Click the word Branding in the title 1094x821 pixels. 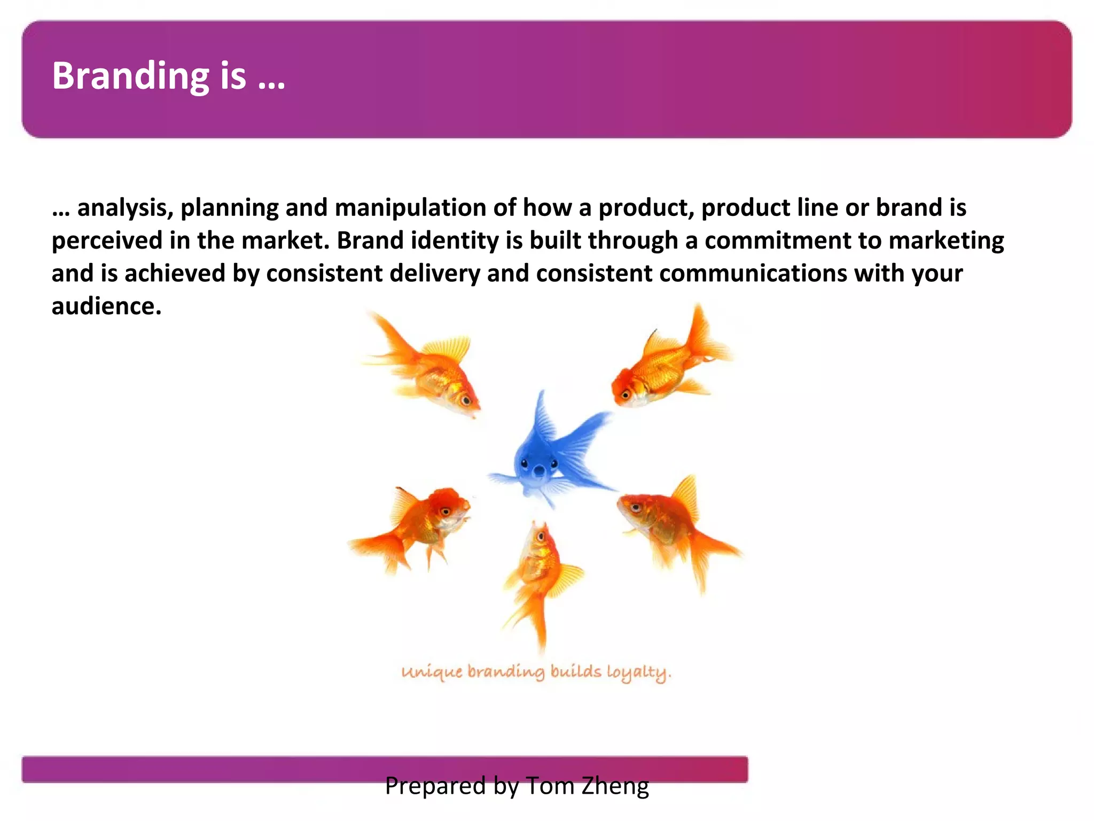(x=130, y=76)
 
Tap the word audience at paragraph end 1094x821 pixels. (x=106, y=307)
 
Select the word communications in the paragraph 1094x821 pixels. (x=753, y=274)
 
